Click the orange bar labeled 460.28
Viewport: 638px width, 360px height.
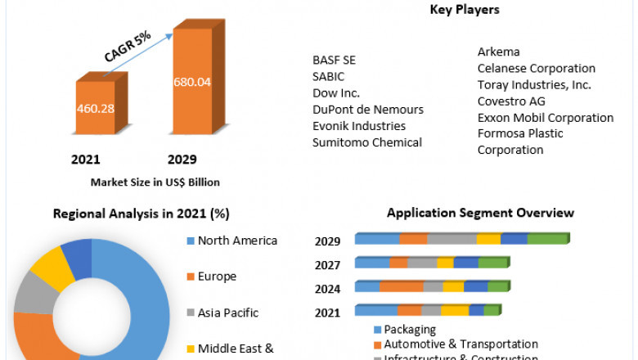(x=95, y=108)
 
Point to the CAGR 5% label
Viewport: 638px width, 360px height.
(x=127, y=47)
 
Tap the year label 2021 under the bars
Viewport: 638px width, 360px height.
(x=85, y=159)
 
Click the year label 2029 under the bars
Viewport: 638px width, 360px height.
(x=182, y=159)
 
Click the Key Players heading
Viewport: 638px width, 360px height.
(x=465, y=10)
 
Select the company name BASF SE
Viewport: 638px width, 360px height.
(x=334, y=60)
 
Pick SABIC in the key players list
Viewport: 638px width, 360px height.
(x=329, y=76)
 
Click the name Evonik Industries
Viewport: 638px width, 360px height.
(x=358, y=126)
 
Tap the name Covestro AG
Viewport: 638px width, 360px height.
(x=511, y=101)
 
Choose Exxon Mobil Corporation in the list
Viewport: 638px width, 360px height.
(x=545, y=118)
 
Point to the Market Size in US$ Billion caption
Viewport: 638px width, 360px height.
(x=155, y=182)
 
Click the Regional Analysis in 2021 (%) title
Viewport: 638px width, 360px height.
(x=141, y=214)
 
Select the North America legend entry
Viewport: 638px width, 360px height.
(x=237, y=241)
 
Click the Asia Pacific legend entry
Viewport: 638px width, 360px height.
(x=227, y=313)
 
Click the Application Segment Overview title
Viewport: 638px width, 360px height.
(x=480, y=213)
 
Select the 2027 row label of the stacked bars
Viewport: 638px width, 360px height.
(x=328, y=265)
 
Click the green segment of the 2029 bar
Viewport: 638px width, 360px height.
(x=546, y=238)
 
